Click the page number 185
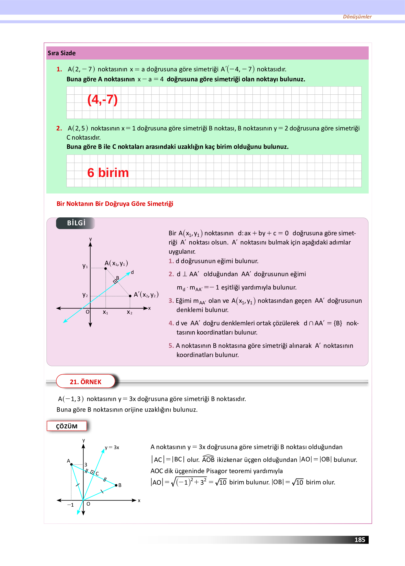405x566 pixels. point(359,540)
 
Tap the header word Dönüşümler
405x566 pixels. point(357,17)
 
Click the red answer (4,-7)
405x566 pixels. point(102,100)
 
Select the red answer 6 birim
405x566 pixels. point(108,173)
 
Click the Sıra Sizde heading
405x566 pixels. point(62,53)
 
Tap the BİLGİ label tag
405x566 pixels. point(76,223)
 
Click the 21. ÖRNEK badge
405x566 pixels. point(85,382)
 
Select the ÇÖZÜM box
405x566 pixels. point(67,426)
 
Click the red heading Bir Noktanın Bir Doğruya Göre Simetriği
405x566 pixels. point(115,204)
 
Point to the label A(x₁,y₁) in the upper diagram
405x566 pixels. point(116,263)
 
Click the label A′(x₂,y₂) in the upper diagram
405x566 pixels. point(146,295)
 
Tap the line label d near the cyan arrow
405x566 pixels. point(132,272)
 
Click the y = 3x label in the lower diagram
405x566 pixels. point(112,448)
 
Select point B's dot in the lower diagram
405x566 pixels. point(116,485)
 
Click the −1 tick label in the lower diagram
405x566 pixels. point(70,505)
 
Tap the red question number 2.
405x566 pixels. point(59,128)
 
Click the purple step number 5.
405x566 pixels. point(171,346)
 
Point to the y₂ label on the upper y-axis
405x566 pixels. point(85,295)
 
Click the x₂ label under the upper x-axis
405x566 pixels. point(129,312)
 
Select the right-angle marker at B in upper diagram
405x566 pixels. point(115,281)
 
